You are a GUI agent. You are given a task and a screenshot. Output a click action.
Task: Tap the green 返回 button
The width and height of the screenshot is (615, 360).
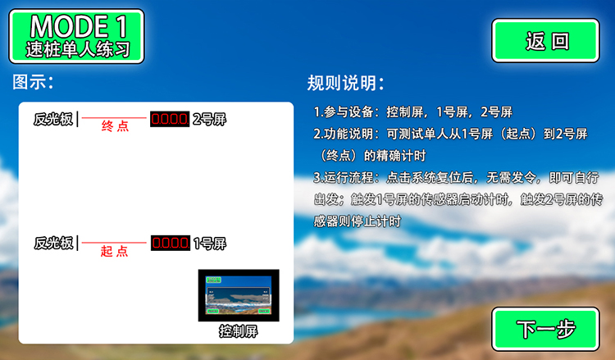point(545,41)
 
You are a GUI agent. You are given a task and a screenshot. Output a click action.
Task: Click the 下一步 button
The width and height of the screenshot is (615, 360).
point(545,329)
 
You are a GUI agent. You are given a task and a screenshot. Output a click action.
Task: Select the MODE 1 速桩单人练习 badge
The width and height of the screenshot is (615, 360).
point(77,36)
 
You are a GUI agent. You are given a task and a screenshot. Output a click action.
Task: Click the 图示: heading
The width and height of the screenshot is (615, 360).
point(33,82)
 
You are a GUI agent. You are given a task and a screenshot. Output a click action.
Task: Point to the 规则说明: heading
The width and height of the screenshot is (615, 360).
point(345,83)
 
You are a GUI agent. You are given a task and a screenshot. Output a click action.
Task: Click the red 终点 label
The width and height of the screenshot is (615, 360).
point(115,126)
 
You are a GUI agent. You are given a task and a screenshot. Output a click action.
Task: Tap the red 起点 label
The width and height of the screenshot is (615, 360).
point(114,251)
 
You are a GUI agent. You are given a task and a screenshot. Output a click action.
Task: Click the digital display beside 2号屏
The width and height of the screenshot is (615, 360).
point(170,119)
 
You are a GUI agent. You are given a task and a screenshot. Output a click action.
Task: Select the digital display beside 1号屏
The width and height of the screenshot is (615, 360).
point(171,243)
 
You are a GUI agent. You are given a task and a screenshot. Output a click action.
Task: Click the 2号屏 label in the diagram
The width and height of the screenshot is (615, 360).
point(209,119)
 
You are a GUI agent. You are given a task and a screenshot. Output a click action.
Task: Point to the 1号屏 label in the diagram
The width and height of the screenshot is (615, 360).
point(210,244)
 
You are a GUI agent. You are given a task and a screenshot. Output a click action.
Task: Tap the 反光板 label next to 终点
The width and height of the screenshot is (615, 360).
point(53,119)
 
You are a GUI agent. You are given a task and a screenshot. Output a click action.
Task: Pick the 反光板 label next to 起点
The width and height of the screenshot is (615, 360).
point(54,243)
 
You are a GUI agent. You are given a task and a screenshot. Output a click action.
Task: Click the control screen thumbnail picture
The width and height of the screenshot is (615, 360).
point(239,295)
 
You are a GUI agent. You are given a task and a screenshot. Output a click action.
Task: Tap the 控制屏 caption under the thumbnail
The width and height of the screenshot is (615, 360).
point(239,331)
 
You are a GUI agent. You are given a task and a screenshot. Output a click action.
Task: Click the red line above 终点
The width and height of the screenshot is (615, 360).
point(114,117)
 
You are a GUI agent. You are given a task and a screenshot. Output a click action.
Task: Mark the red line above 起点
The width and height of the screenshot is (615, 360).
point(114,243)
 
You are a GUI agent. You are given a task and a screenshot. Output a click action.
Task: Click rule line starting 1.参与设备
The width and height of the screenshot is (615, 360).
point(413,112)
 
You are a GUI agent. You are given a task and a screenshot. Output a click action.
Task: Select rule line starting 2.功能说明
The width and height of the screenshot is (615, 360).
point(451,145)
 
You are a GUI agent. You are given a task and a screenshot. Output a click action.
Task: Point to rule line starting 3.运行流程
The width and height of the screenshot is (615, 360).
point(458,199)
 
